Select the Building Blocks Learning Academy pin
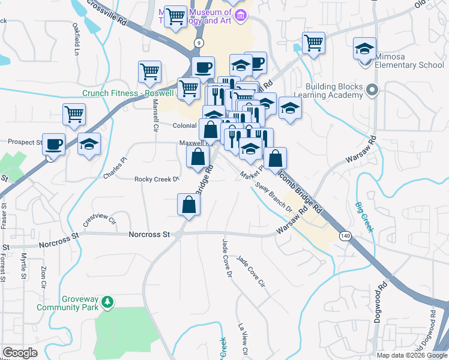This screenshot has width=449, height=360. (x=372, y=91)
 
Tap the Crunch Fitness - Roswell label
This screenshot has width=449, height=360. (x=127, y=93)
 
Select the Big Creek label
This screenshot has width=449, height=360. (x=364, y=216)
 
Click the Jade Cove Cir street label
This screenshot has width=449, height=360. (x=251, y=271)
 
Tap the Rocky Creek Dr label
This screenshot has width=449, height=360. (x=157, y=179)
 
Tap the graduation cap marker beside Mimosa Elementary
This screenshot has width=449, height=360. (x=364, y=49)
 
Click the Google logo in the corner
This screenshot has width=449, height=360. (x=20, y=353)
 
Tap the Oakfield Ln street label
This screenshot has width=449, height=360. (x=76, y=37)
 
